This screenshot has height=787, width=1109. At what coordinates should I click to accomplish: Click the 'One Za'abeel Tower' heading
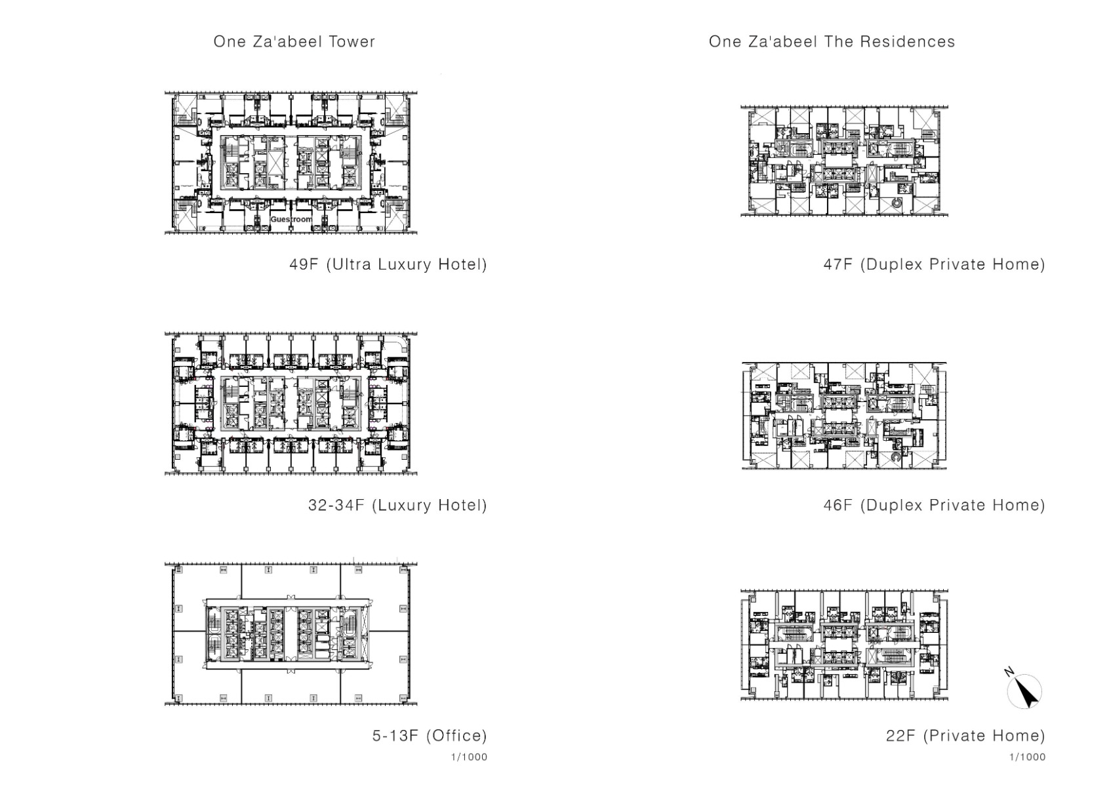point(294,42)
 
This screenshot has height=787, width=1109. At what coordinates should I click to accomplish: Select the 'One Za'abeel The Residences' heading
point(832,42)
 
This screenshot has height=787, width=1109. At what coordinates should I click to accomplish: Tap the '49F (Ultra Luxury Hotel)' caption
point(388,264)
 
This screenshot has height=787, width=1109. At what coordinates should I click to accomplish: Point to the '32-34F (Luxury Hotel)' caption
point(397,505)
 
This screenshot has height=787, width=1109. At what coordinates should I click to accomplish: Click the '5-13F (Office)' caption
point(430,735)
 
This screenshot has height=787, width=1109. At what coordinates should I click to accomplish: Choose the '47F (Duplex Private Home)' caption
point(934,264)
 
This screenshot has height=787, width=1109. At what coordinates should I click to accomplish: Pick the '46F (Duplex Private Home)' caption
point(934,505)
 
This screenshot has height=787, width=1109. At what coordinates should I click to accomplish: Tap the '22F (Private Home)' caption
point(965,735)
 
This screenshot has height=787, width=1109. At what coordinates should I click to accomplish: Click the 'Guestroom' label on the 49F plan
point(291,219)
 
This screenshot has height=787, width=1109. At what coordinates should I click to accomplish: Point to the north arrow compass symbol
point(1025,693)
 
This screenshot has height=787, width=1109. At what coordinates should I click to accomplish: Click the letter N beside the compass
point(1009,672)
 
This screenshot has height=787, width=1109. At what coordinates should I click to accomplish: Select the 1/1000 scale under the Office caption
point(469,757)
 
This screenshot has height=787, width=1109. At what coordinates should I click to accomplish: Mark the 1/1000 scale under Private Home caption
point(1027,757)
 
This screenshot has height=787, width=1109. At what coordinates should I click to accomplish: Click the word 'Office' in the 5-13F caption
point(456,735)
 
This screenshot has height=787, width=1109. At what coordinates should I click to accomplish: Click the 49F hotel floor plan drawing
point(291,163)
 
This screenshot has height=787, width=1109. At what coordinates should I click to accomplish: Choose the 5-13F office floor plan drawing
point(291,634)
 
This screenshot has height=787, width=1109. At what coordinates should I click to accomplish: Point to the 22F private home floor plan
point(844,645)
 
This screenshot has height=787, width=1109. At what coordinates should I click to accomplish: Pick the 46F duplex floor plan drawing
point(844,415)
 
